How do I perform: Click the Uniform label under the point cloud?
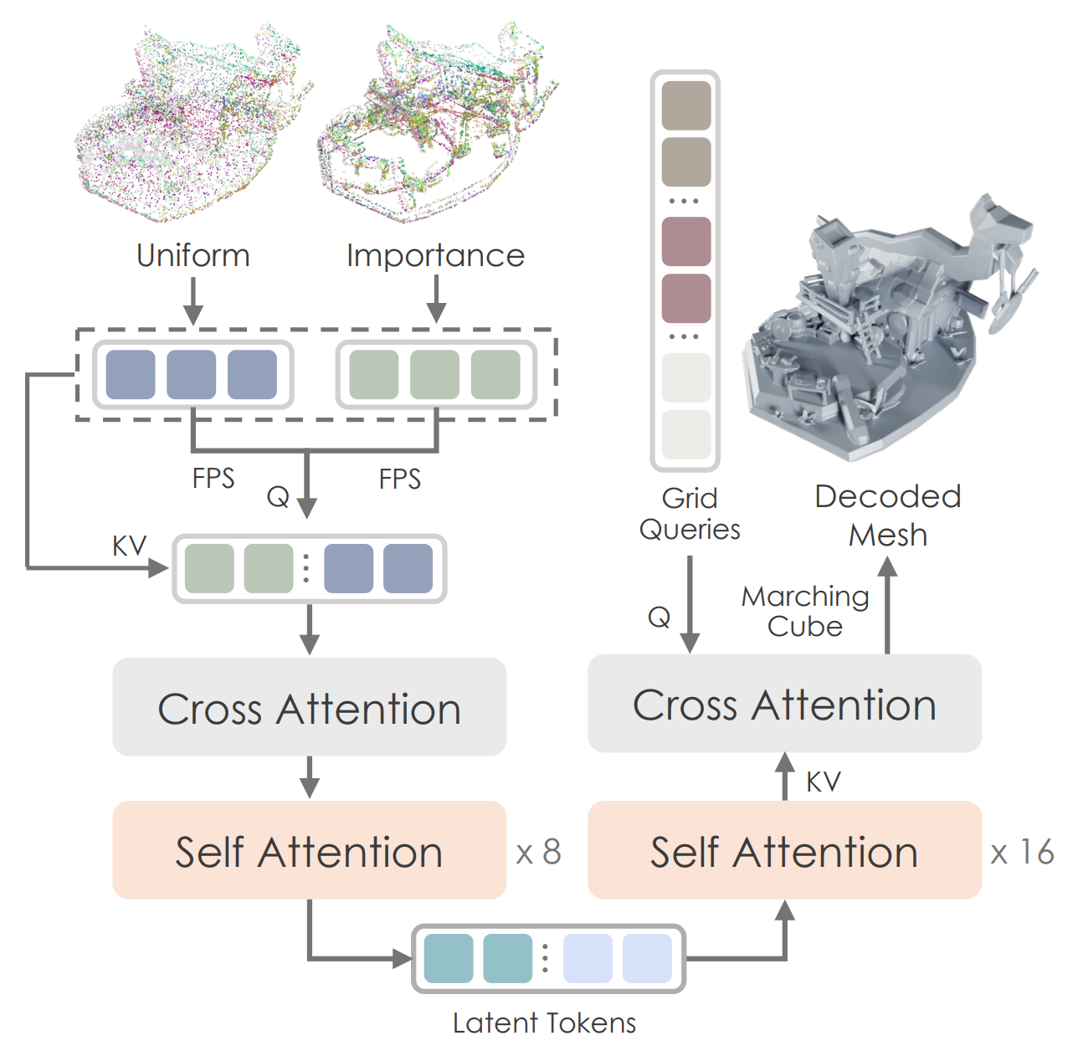(x=193, y=255)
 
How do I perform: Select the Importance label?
(x=435, y=255)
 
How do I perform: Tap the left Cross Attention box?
(x=309, y=707)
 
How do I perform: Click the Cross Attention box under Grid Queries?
(x=784, y=704)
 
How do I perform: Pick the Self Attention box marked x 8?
(x=309, y=851)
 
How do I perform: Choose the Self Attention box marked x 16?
(x=784, y=851)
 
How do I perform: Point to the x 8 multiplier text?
(x=538, y=853)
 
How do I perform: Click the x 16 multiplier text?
(x=1022, y=853)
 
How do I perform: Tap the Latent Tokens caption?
(x=544, y=1023)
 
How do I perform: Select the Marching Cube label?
(x=805, y=611)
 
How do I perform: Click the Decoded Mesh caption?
(x=888, y=515)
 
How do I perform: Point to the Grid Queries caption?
(x=690, y=514)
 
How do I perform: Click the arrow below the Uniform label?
(x=193, y=301)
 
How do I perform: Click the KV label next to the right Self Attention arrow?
(x=824, y=782)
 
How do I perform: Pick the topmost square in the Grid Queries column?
(x=686, y=105)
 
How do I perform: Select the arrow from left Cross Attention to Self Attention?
(x=310, y=777)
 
